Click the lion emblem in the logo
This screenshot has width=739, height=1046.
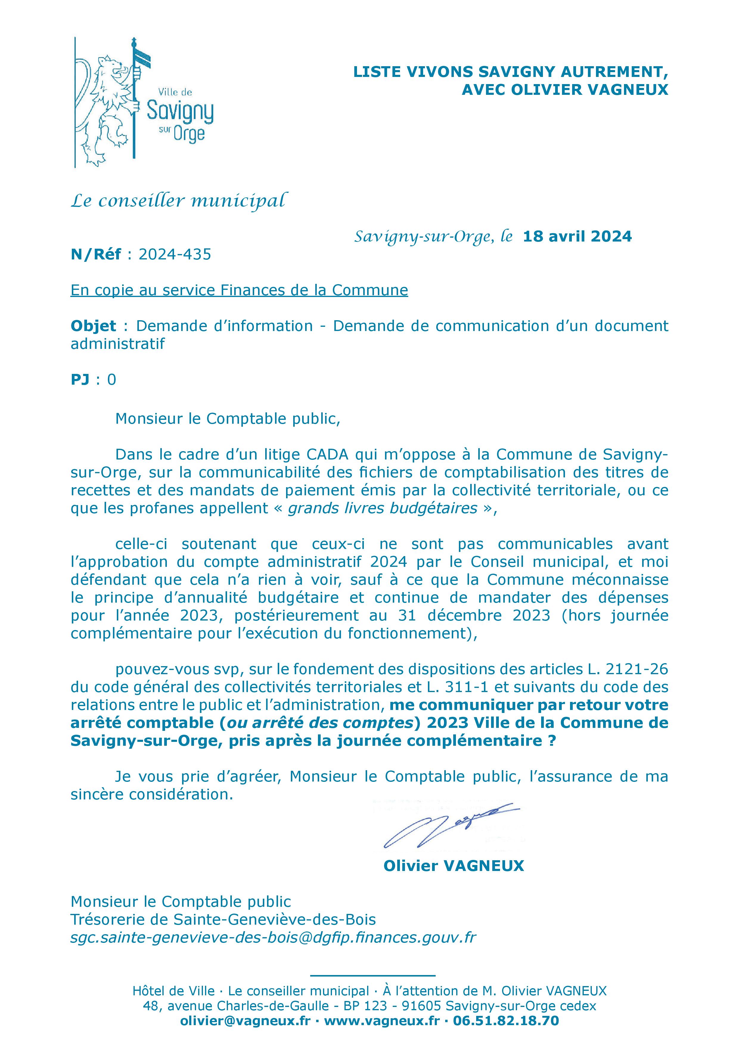pyautogui.click(x=109, y=105)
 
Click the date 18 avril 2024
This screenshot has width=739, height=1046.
pyautogui.click(x=577, y=236)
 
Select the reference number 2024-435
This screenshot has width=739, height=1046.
pyautogui.click(x=175, y=254)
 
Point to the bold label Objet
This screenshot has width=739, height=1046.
pyautogui.click(x=93, y=326)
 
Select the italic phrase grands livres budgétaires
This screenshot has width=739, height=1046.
pyautogui.click(x=383, y=508)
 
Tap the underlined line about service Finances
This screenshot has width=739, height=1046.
pyautogui.click(x=239, y=290)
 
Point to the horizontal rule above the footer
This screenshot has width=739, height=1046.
pyautogui.click(x=372, y=975)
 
